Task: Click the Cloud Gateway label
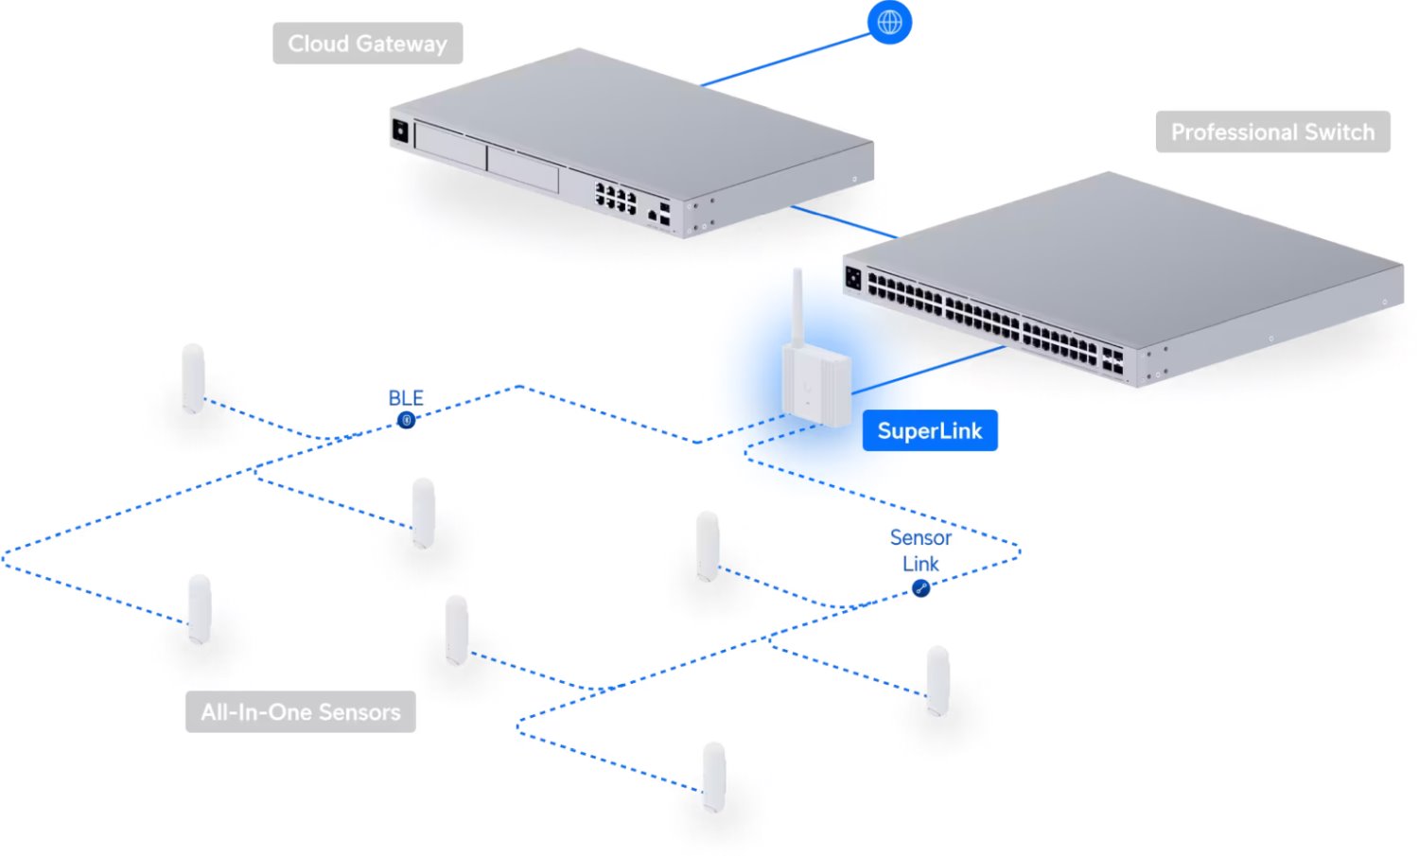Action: (x=367, y=44)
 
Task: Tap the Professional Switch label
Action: (x=1272, y=132)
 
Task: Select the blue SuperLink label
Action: (x=929, y=431)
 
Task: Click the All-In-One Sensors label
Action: (x=301, y=712)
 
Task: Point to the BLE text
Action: (x=406, y=398)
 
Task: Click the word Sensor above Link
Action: (x=920, y=538)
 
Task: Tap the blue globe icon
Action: (x=889, y=22)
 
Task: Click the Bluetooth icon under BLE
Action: (x=406, y=419)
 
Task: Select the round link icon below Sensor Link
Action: (x=920, y=588)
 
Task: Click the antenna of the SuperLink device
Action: (x=797, y=307)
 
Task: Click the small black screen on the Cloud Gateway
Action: (x=400, y=130)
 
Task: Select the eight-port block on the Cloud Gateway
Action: (x=615, y=196)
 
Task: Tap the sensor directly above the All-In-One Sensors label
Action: (x=199, y=608)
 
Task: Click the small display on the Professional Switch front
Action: (x=853, y=279)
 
